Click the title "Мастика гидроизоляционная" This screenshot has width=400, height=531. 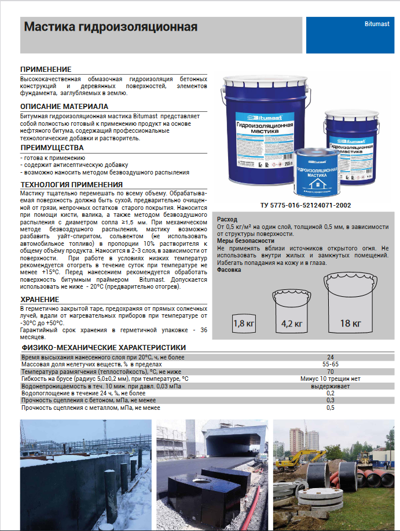point(110,27)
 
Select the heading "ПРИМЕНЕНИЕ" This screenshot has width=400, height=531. point(46,69)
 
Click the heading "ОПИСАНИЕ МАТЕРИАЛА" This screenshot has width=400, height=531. point(64,107)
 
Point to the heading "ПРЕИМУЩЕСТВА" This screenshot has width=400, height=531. point(52,148)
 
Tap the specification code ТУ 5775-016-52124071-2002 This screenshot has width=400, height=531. point(306,205)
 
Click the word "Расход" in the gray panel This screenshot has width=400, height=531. point(227,220)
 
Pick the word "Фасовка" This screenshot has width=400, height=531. point(229,270)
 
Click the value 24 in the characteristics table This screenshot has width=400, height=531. point(330,357)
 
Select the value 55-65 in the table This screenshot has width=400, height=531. point(330,364)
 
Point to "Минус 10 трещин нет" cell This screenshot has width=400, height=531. point(330,378)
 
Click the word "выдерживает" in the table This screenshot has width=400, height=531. point(330,385)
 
